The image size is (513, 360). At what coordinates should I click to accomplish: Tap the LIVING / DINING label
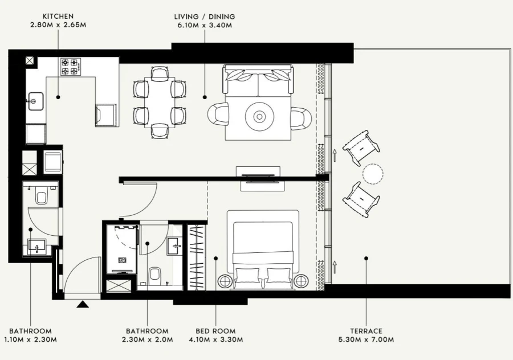pyautogui.click(x=205, y=17)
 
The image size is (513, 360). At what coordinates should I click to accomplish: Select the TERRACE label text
pyautogui.click(x=367, y=331)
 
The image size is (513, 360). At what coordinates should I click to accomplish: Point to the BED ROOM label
pyautogui.click(x=215, y=331)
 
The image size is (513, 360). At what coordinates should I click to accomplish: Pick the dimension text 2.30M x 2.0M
pyautogui.click(x=147, y=340)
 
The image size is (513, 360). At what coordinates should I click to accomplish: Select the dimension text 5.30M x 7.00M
pyautogui.click(x=367, y=340)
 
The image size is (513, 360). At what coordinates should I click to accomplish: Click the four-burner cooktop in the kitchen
pyautogui.click(x=72, y=66)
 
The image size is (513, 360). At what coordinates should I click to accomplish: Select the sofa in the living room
pyautogui.click(x=258, y=80)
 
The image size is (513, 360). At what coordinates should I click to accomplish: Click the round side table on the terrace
pyautogui.click(x=374, y=174)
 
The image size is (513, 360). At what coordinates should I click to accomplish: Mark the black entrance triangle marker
pyautogui.click(x=83, y=305)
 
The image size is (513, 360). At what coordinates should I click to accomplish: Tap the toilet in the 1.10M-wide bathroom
pyautogui.click(x=41, y=197)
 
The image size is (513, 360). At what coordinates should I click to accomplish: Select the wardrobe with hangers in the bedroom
pyautogui.click(x=196, y=256)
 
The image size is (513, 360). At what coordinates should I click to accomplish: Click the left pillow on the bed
pyautogui.click(x=247, y=276)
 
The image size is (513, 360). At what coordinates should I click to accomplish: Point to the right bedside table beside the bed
pyautogui.click(x=301, y=281)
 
